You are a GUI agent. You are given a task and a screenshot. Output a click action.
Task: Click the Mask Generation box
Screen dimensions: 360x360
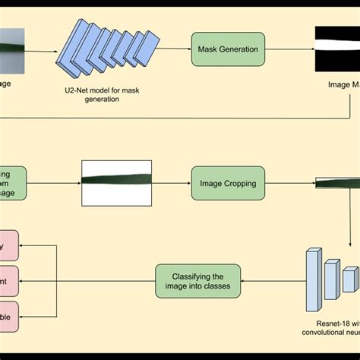pyautogui.click(x=228, y=49)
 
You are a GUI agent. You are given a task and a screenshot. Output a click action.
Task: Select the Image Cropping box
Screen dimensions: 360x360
pyautogui.click(x=228, y=183)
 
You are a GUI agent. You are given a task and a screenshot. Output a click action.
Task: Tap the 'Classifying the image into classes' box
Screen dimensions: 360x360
pyautogui.click(x=197, y=281)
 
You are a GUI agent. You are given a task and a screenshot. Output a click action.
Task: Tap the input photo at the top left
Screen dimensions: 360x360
pyautogui.click(x=12, y=50)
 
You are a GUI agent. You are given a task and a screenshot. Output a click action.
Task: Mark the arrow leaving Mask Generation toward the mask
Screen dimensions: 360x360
pyautogui.click(x=289, y=49)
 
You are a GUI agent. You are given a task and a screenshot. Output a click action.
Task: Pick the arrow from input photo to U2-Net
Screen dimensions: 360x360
pyautogui.click(x=43, y=52)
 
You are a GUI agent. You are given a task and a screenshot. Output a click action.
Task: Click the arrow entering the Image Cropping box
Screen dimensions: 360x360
pyautogui.click(x=171, y=183)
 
